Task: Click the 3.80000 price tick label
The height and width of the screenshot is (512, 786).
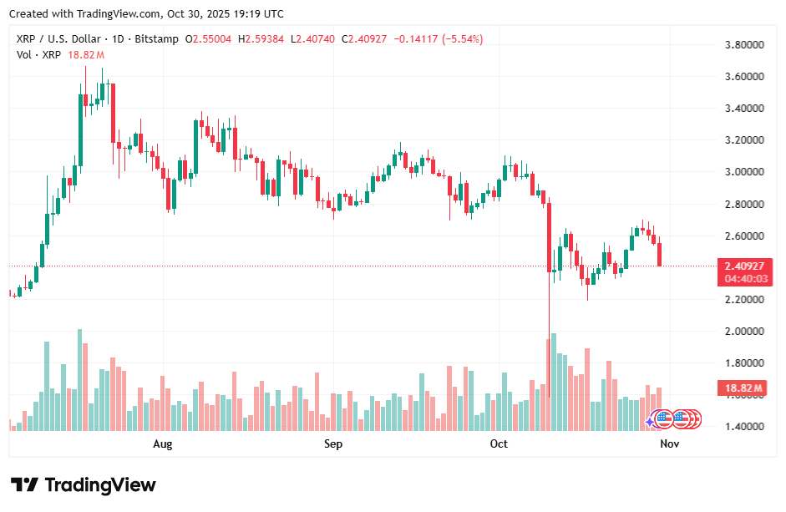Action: pyautogui.click(x=745, y=44)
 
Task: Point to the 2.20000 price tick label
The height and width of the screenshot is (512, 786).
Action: pyautogui.click(x=745, y=299)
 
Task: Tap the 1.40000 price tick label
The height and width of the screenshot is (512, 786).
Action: pyautogui.click(x=745, y=427)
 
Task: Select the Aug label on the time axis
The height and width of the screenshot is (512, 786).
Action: pyautogui.click(x=163, y=444)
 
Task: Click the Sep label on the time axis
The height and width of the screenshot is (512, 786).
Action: pyautogui.click(x=333, y=444)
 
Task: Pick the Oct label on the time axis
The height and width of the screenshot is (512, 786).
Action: pyautogui.click(x=499, y=444)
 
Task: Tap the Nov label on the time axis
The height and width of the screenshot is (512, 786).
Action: pyautogui.click(x=669, y=444)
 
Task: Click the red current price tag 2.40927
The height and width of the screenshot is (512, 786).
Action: pyautogui.click(x=743, y=266)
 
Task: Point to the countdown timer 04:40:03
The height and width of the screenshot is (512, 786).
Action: pyautogui.click(x=743, y=279)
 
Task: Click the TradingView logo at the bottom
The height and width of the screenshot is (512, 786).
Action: pyautogui.click(x=83, y=485)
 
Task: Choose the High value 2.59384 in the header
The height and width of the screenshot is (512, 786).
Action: pyautogui.click(x=265, y=39)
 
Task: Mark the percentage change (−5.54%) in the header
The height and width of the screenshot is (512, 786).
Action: pyautogui.click(x=462, y=39)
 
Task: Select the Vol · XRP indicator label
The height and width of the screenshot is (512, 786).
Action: pyautogui.click(x=39, y=54)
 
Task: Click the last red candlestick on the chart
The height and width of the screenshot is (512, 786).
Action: pyautogui.click(x=660, y=254)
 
